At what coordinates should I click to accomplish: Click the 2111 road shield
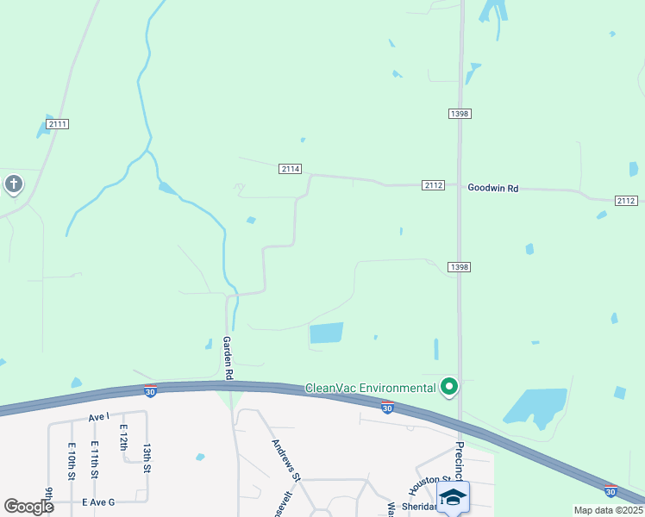58,124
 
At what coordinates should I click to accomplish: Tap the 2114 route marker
291,169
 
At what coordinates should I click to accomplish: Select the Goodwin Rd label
492,187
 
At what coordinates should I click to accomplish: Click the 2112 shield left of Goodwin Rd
434,185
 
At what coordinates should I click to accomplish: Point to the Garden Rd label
229,358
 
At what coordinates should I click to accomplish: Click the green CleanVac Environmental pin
448,387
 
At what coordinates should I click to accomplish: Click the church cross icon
13,184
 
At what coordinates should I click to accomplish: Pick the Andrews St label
286,460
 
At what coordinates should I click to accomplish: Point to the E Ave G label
98,501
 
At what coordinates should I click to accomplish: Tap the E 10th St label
71,464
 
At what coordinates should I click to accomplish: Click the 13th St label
147,457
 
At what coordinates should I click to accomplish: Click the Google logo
28,507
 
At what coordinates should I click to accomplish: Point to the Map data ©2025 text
607,510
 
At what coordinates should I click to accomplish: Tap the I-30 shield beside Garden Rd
150,392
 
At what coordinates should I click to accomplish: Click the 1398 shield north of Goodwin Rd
460,114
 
